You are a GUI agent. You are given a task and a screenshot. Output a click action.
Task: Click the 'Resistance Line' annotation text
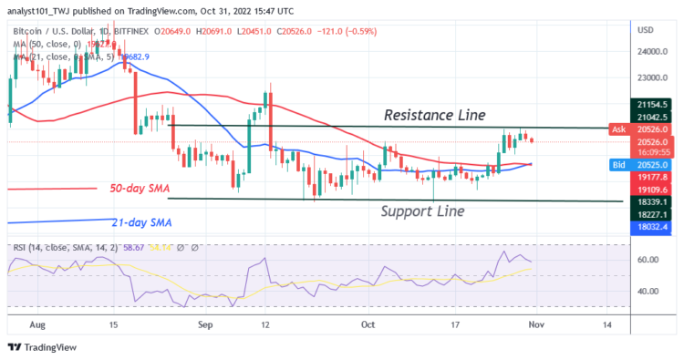[x=433, y=115]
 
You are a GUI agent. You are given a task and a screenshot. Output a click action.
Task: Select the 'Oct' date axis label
[x=368, y=324]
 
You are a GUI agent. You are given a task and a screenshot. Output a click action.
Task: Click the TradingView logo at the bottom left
[x=44, y=347]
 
